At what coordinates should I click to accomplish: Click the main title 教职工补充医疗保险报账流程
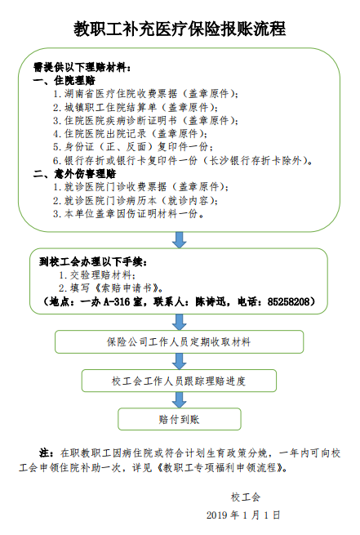180,29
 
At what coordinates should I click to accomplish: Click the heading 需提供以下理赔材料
82,67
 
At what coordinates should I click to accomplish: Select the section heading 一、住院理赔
64,81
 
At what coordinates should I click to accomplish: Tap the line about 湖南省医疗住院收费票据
145,93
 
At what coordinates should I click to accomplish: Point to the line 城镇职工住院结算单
136,107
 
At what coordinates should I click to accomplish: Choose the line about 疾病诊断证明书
145,120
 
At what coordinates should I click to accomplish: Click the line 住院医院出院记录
131,134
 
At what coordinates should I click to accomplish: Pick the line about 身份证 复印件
133,147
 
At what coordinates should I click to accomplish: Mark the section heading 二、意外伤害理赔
74,174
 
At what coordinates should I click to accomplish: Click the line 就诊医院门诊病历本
136,201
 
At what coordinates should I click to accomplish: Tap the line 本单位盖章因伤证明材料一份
129,214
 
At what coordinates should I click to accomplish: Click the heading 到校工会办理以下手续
93,262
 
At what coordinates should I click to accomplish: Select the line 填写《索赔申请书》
111,288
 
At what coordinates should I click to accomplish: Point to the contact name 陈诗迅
211,302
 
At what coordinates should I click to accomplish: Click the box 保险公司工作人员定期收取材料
179,341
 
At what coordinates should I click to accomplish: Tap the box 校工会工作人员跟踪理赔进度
179,381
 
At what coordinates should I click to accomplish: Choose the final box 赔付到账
180,419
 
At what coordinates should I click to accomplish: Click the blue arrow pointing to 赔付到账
179,400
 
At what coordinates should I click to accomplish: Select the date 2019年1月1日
243,515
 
